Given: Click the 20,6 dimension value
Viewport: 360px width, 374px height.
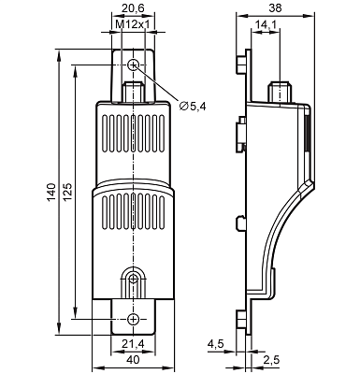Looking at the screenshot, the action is point(133,8).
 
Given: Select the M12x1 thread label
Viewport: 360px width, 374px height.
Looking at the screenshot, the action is point(133,24).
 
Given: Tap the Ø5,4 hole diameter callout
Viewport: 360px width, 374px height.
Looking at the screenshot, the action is point(193,107).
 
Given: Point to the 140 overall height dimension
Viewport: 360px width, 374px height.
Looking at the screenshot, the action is point(51,192).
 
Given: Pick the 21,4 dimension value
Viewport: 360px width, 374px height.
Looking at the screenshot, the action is point(133,344).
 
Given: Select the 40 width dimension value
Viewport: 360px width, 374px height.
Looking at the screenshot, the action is point(133,360).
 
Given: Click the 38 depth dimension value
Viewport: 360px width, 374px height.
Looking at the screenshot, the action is point(275,8).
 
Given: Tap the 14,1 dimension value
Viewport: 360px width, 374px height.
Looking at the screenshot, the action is point(266,24).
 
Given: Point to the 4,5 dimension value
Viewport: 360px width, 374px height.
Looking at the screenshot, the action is point(216,344).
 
